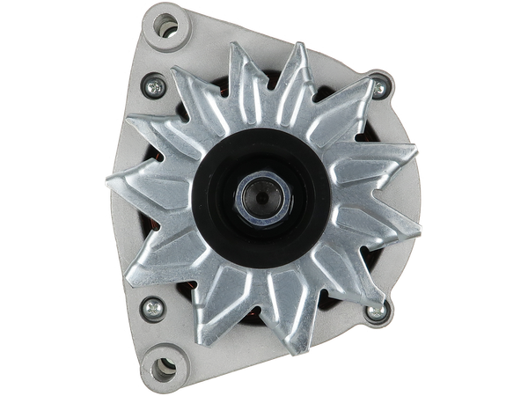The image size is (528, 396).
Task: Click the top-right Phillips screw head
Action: (379, 85)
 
